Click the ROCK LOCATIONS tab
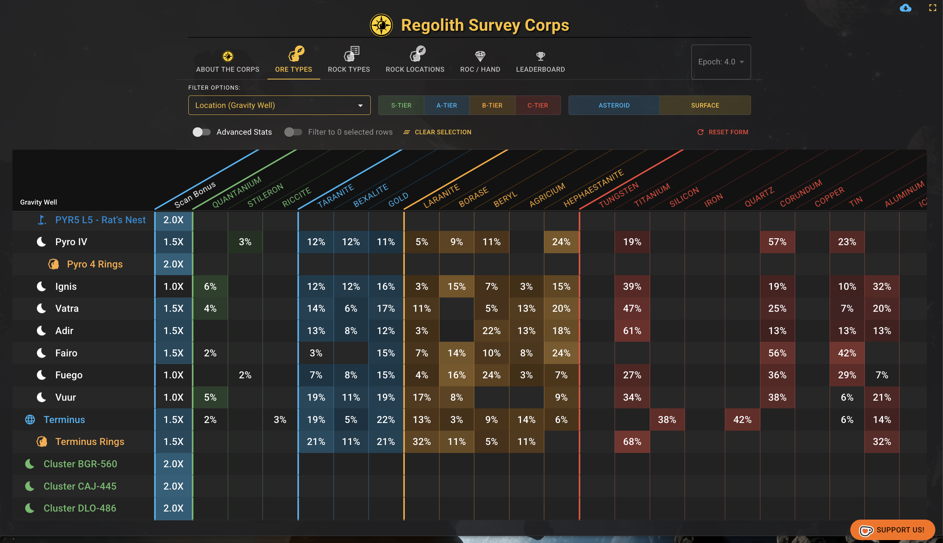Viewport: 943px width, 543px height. (x=415, y=60)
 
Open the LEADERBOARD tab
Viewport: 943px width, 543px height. (x=540, y=60)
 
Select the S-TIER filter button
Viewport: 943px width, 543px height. (x=401, y=105)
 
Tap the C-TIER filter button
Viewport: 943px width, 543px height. (x=537, y=105)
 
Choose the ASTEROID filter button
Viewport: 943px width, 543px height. (x=614, y=105)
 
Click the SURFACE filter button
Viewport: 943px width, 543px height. (x=705, y=105)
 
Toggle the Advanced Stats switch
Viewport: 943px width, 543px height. (x=201, y=132)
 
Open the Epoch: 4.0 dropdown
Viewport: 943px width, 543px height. (x=721, y=62)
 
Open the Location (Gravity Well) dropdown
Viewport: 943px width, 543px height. (x=279, y=105)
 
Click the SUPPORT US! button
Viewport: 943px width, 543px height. (x=892, y=530)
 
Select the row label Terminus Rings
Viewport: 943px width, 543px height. (x=90, y=442)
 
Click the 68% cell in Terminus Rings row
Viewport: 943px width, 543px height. (x=632, y=442)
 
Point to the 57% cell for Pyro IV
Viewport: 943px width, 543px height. (x=777, y=242)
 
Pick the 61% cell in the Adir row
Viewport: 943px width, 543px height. (x=632, y=331)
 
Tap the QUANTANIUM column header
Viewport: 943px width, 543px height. (x=237, y=192)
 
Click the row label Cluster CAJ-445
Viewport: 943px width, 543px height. (x=80, y=486)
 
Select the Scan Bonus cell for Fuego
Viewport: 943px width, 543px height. (x=174, y=375)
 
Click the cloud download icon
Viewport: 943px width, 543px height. (x=905, y=8)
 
